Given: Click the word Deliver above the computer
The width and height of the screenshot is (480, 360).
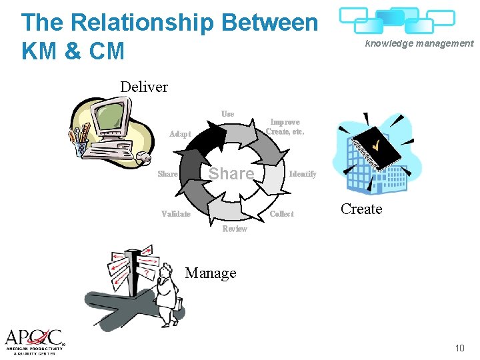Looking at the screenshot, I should (144, 87).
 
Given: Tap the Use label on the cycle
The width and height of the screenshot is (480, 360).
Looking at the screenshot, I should (228, 114).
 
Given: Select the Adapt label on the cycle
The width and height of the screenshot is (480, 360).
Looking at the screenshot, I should (180, 134).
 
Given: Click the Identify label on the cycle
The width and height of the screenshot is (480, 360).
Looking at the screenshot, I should (303, 174).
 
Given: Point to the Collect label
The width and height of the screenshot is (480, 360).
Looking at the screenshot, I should (281, 214).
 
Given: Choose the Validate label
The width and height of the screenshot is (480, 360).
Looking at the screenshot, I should (176, 214).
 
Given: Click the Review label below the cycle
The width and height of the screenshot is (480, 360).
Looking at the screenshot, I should (234, 229).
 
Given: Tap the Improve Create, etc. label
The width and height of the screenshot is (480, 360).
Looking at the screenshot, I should (285, 127).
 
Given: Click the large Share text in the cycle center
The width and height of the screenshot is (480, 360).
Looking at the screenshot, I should (231, 173).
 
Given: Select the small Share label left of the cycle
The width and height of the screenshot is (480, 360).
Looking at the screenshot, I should (167, 174).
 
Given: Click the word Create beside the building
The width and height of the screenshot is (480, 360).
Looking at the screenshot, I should (361, 209).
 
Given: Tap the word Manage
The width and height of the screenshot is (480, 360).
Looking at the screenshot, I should (211, 273).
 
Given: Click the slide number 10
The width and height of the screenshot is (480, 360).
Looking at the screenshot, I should (459, 348).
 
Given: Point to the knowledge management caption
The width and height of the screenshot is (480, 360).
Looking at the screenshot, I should (419, 43).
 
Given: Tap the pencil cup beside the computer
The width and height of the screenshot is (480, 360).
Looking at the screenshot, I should (79, 141).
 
